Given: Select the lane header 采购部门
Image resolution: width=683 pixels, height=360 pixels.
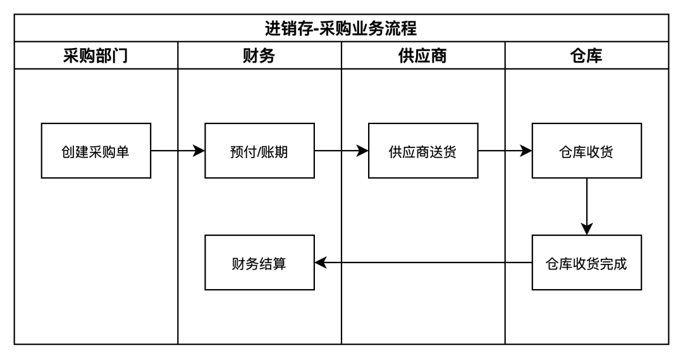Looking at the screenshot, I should click(x=95, y=56).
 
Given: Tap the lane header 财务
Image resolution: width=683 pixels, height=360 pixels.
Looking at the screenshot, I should click(x=259, y=56).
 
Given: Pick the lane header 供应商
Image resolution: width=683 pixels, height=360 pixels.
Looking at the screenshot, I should click(x=423, y=56).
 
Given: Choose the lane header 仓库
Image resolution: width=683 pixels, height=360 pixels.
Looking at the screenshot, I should click(x=586, y=56).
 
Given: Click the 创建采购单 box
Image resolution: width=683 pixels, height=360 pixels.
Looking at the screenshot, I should click(x=96, y=151).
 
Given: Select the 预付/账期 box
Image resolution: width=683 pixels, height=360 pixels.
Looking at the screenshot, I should click(x=259, y=151).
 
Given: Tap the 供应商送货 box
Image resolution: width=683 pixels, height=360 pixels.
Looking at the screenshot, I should click(x=423, y=151).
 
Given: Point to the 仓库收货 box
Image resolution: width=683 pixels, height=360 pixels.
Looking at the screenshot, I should click(x=586, y=151).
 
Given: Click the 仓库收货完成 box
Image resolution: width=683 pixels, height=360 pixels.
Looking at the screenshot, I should click(x=586, y=263).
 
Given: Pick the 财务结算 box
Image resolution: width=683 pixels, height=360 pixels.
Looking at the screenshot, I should click(x=259, y=263).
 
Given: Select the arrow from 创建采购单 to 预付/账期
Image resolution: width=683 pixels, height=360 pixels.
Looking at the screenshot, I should click(x=174, y=151).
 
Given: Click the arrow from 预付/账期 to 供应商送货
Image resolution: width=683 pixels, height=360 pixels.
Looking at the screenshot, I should click(x=338, y=151).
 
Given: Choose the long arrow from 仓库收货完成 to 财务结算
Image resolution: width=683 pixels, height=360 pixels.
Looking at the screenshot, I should click(x=424, y=263).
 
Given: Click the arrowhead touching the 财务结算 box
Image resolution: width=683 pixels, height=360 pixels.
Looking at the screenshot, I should click(x=321, y=263).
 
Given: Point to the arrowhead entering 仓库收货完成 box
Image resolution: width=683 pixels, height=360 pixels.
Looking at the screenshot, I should click(x=587, y=229).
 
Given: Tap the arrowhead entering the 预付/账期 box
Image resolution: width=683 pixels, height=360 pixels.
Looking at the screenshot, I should click(x=199, y=151).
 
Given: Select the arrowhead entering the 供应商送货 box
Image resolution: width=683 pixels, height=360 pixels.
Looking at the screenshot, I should click(x=363, y=151).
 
